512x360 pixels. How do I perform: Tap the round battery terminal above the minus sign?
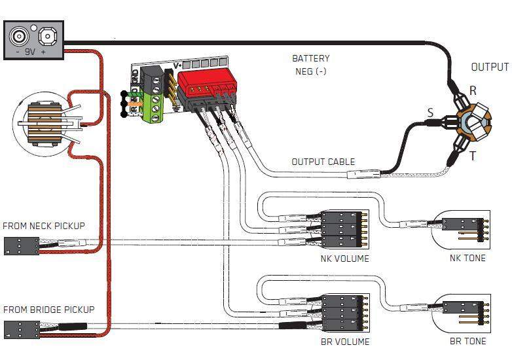tap(20, 35)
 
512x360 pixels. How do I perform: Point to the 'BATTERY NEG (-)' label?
tap(310, 65)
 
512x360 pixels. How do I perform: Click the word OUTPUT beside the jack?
tap(489, 67)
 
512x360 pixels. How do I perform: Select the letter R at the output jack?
tap(473, 90)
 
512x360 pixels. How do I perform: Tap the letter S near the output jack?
tap(430, 113)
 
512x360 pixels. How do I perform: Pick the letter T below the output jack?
tap(472, 156)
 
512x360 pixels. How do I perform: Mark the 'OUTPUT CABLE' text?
tap(323, 162)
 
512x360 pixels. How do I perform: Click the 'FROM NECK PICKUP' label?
tap(44, 226)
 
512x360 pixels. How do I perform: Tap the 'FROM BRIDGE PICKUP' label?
tap(48, 310)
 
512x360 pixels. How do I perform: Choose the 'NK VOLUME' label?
tap(344, 258)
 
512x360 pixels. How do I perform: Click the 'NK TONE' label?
tap(467, 258)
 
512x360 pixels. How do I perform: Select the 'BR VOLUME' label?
tap(345, 342)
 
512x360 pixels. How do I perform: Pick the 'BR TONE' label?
tap(467, 342)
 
